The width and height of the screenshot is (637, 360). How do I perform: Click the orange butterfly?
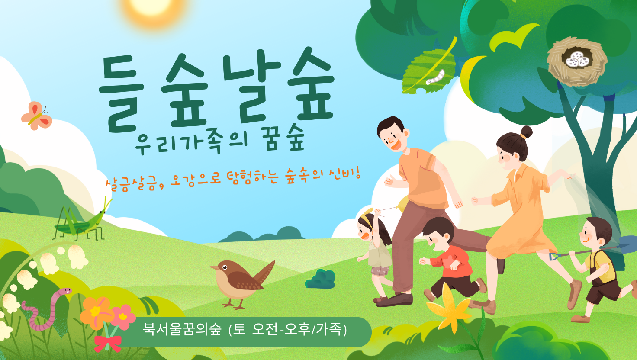(37, 116)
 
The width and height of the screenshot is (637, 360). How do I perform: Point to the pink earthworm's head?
(65, 291)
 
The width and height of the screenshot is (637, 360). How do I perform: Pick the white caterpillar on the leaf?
(435, 77)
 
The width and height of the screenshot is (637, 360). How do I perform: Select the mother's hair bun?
(526, 132)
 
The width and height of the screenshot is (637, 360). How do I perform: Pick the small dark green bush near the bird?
(321, 279)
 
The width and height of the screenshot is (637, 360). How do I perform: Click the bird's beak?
(213, 268)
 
